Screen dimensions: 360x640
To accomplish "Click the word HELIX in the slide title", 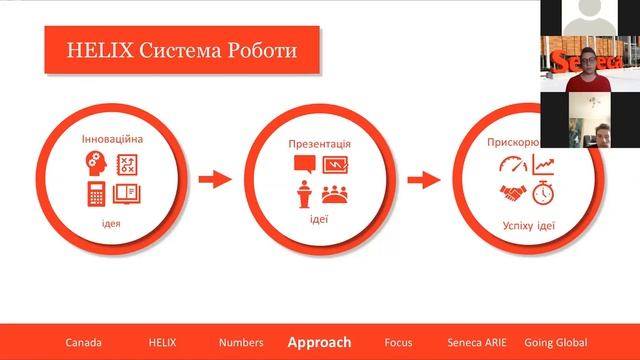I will (94, 49).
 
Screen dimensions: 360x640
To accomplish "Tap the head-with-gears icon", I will (97, 162).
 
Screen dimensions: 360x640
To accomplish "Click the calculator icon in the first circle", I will (97, 193).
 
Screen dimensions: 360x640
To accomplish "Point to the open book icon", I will (127, 193).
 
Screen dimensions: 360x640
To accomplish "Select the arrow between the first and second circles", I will (214, 180).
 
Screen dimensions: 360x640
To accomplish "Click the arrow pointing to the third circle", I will (425, 180).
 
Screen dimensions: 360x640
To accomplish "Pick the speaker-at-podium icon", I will (304, 194).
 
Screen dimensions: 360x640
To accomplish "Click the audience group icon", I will (335, 193).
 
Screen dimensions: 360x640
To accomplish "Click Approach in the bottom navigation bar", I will (319, 342).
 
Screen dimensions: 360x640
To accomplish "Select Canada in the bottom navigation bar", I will (84, 342).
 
